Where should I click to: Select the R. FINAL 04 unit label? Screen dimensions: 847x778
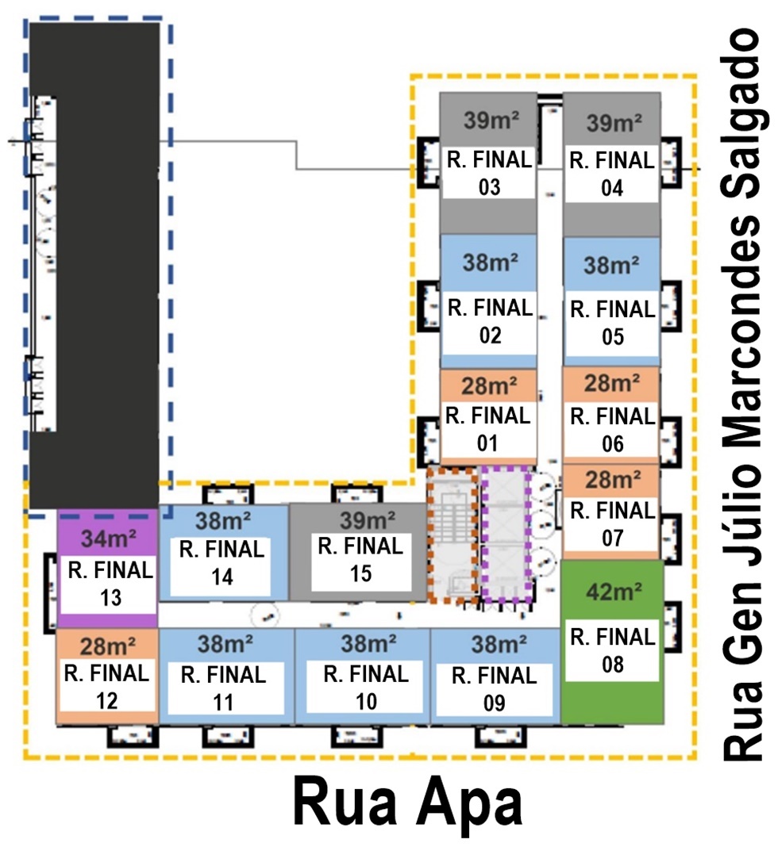(x=612, y=174)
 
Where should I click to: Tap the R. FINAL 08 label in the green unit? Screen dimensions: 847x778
(x=612, y=650)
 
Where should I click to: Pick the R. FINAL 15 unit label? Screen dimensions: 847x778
(x=360, y=559)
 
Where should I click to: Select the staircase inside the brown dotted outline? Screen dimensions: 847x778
(x=452, y=535)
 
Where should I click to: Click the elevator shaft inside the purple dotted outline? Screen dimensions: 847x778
(x=506, y=535)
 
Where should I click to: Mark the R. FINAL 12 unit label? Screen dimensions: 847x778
(x=106, y=687)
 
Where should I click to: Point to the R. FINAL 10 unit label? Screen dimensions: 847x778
(x=366, y=687)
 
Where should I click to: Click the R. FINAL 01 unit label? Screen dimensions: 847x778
(x=487, y=428)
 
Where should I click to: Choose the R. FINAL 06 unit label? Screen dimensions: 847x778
(x=612, y=429)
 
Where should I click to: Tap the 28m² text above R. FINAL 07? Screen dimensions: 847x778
(x=612, y=480)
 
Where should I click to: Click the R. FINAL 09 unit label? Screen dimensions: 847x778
(x=494, y=688)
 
